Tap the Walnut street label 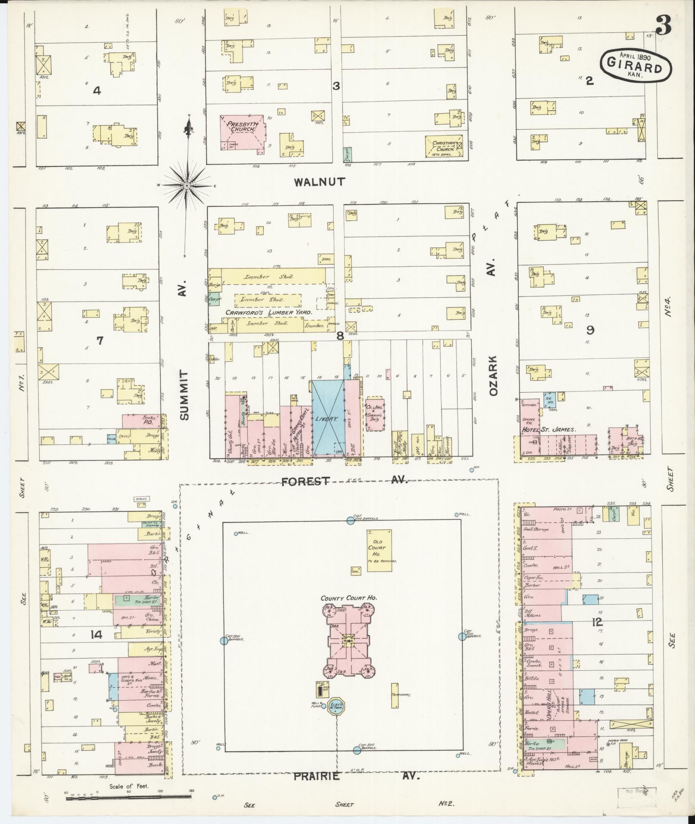coord(319,182)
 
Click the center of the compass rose coord(187,186)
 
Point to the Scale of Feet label coord(129,786)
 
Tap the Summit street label coord(185,395)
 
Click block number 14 coord(96,634)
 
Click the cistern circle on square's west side coord(223,641)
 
